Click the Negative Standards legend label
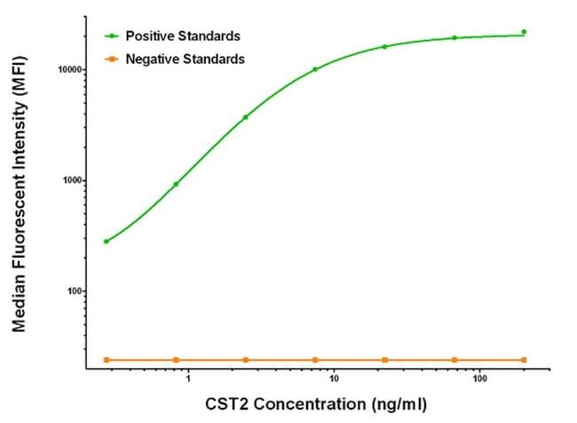click(x=186, y=59)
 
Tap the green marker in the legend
click(x=111, y=36)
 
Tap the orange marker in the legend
click(x=111, y=59)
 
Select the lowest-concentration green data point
click(x=107, y=241)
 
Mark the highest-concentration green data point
click(x=524, y=32)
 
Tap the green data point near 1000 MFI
click(x=176, y=184)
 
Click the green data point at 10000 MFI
click(x=315, y=69)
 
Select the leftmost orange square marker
click(x=107, y=359)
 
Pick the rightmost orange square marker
click(x=524, y=359)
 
